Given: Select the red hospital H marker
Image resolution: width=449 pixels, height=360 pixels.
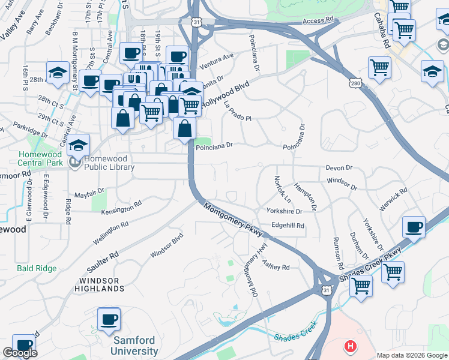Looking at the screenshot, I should pos(349,346).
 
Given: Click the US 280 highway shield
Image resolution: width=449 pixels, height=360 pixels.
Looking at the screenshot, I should pos(356,83).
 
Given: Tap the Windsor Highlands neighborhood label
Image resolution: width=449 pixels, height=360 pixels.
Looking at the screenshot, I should pos(101,284).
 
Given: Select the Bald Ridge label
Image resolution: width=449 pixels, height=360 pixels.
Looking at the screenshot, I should pos(37,268).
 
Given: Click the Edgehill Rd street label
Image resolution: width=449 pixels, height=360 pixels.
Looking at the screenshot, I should pos(288,226).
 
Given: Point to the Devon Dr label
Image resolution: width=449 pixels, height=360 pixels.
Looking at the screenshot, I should pos(339,169).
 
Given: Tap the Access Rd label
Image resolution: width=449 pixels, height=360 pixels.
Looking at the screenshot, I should pos(318,20).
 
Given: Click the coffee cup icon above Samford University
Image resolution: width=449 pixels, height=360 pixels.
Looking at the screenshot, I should pos(109,319).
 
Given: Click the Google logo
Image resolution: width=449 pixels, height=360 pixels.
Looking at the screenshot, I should pos(20,353).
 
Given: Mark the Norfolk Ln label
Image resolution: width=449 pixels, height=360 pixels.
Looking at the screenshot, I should pos(282,188).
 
